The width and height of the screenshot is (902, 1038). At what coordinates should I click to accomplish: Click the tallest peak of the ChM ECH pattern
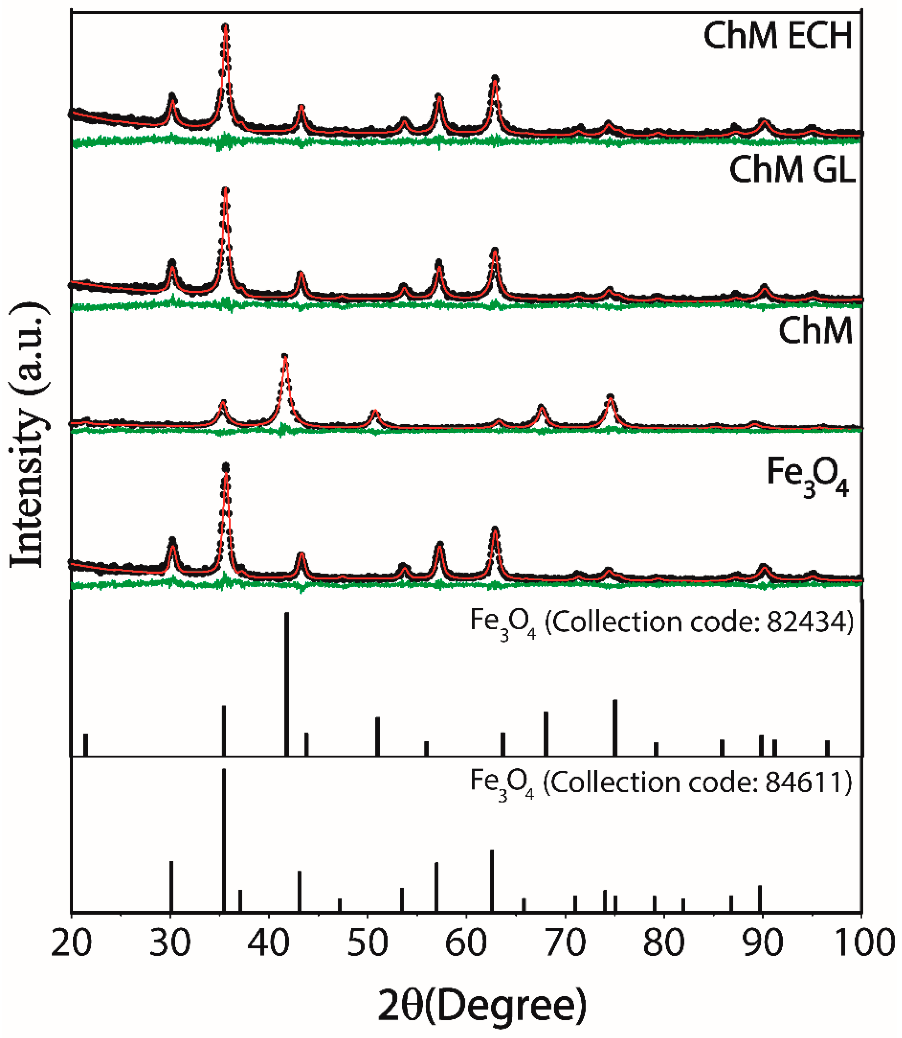[x=225, y=28]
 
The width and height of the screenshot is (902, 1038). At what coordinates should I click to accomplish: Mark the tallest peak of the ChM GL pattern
[x=225, y=191]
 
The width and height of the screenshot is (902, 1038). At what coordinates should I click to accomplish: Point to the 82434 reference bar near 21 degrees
[x=86, y=744]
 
